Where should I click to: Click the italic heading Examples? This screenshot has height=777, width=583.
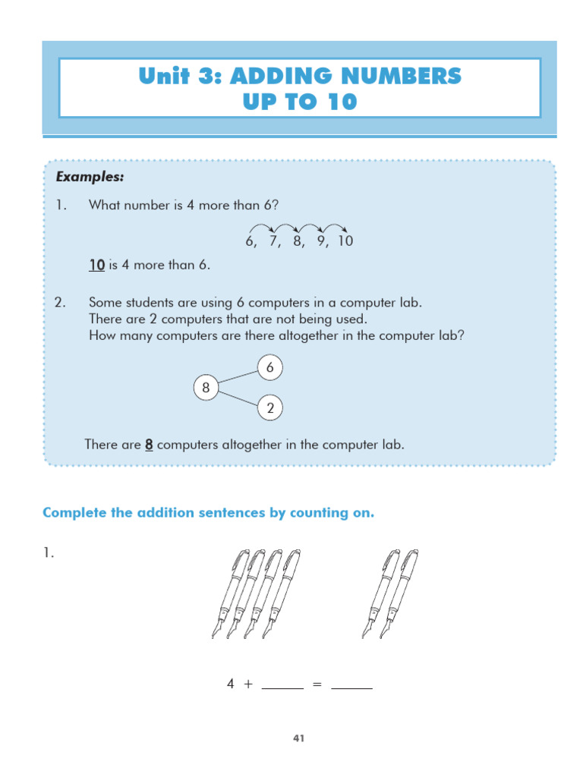tap(90, 177)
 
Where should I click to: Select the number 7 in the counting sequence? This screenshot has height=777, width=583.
tap(273, 242)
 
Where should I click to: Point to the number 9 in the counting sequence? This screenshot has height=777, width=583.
tap(322, 242)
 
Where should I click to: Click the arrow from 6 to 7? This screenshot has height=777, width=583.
tap(262, 227)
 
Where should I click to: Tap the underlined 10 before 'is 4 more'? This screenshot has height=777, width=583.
tap(96, 265)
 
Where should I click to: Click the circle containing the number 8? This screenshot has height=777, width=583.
tap(205, 388)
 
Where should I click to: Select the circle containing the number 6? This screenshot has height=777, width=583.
tap(269, 369)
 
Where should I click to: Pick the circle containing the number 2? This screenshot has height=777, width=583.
tap(269, 409)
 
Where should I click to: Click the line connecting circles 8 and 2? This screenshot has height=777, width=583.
tap(238, 399)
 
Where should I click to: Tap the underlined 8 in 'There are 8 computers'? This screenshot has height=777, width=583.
tap(149, 445)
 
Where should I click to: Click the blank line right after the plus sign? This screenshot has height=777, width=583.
tap(282, 685)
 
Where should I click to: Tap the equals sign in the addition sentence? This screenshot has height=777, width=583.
tap(317, 684)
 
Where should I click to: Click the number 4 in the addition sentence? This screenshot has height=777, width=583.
tap(231, 684)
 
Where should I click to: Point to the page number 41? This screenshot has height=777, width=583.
tap(299, 737)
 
